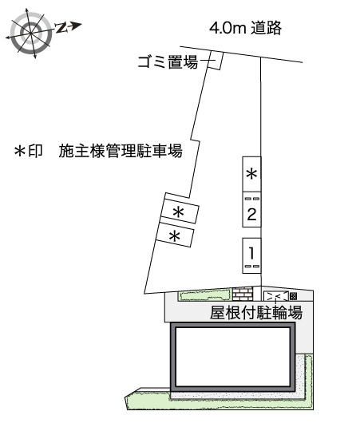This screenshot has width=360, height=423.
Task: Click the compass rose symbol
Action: pyautogui.click(x=30, y=32)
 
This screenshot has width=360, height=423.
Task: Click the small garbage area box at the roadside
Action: pyautogui.click(x=214, y=61)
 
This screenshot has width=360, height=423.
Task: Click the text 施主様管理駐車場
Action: pyautogui.click(x=120, y=151)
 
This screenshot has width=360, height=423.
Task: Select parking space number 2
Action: pyautogui.click(x=251, y=213)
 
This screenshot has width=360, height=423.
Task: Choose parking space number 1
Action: pyautogui.click(x=251, y=254)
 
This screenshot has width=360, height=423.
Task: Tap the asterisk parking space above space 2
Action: pyautogui.click(x=251, y=174)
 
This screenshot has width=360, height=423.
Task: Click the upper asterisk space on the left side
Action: pyautogui.click(x=180, y=211)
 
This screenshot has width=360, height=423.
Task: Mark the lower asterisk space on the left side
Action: pyautogui.click(x=175, y=236)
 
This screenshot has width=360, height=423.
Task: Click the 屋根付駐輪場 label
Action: pyautogui.click(x=255, y=312)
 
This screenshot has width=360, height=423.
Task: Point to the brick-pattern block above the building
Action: pyautogui.click(x=243, y=293)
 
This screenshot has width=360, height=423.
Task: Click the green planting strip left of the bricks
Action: pyautogui.click(x=204, y=295)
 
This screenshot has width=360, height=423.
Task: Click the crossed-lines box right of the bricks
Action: pyautogui.click(x=275, y=295)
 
